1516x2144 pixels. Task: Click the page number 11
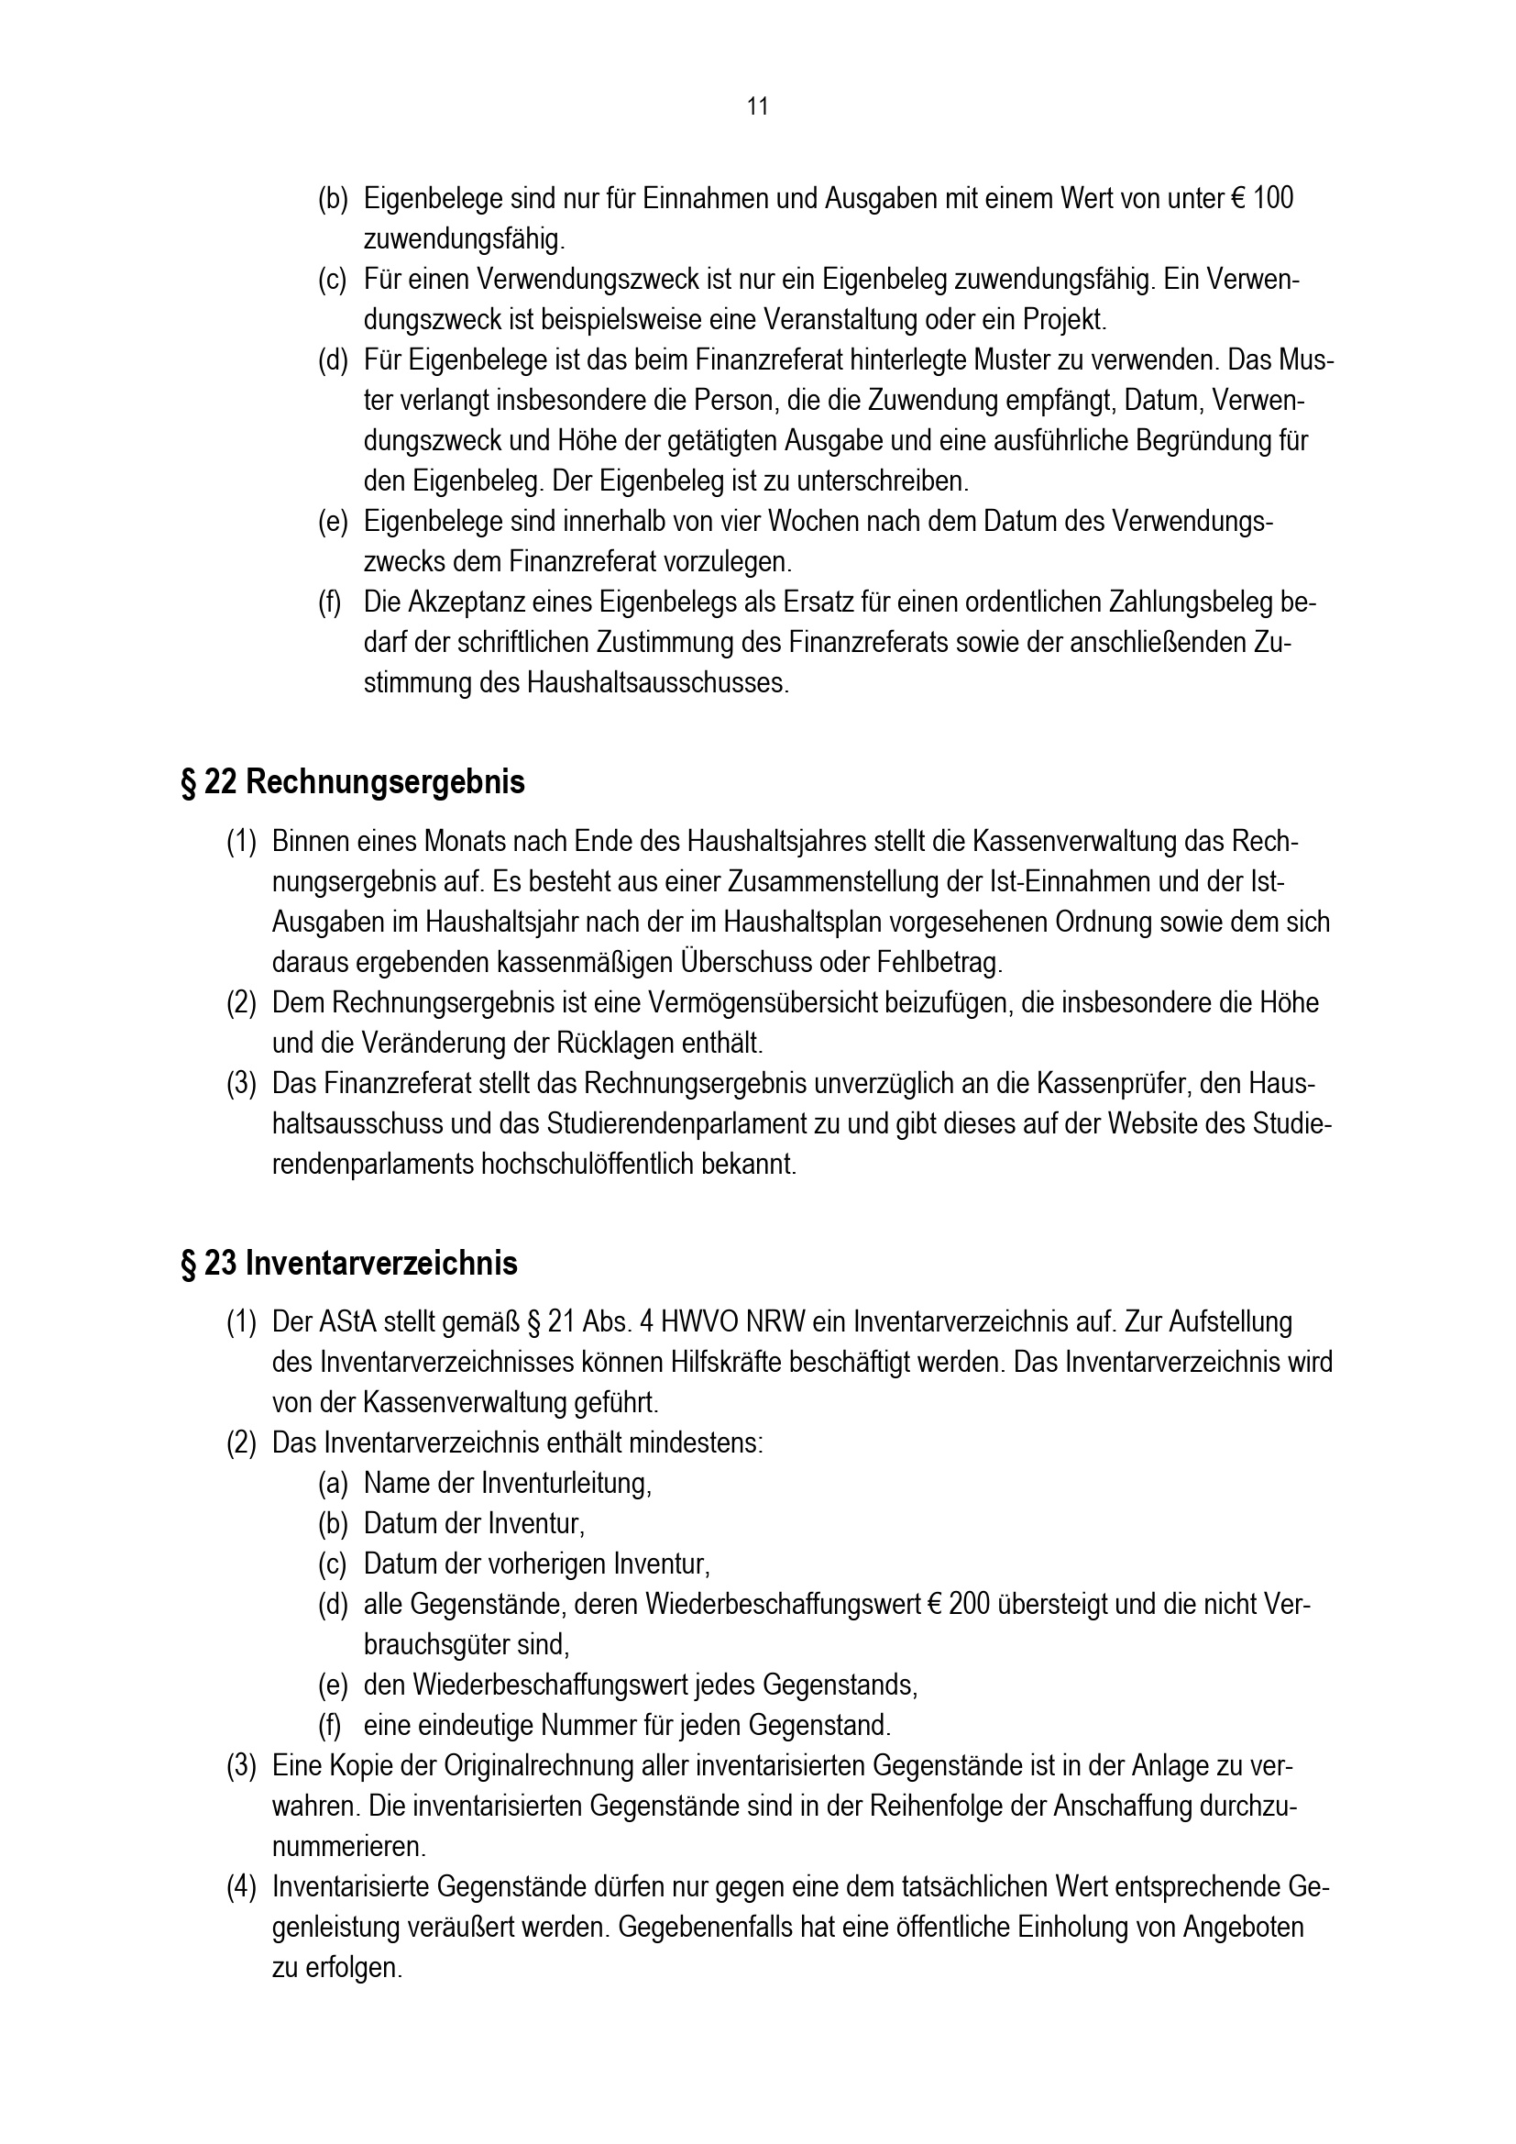757,107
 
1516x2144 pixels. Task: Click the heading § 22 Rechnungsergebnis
352,781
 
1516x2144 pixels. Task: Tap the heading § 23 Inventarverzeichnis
348,1264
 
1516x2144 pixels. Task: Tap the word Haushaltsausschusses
657,682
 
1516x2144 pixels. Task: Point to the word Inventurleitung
566,1484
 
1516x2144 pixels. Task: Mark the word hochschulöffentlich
588,1166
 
